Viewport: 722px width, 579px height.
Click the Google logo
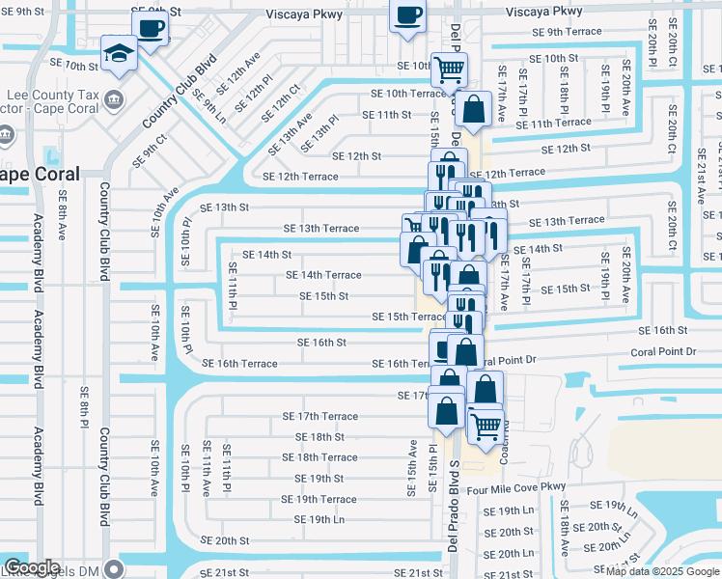[x=32, y=568]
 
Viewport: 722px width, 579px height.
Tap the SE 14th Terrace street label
[x=323, y=275]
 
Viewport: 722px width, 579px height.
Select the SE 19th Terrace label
[x=319, y=499]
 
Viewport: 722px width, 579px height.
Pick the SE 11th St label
[x=386, y=115]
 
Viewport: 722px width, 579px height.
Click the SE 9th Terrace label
[x=567, y=32]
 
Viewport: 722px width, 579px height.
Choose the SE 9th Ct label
[x=154, y=149]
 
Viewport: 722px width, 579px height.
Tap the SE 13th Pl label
[x=319, y=133]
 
